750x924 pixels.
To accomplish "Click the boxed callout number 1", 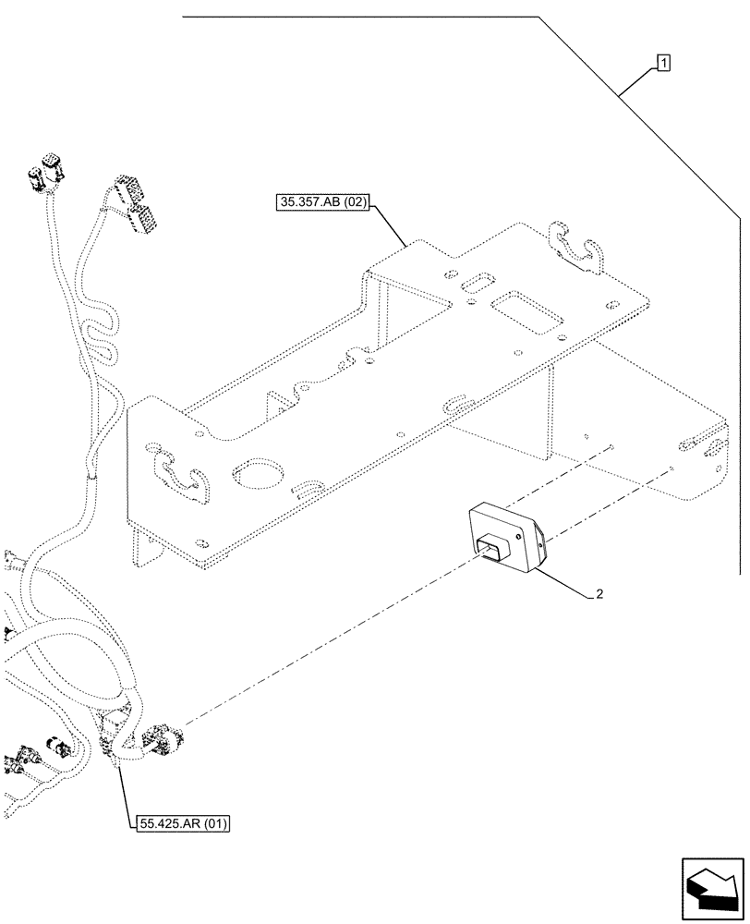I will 663,63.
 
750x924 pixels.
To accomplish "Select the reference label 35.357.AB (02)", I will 322,202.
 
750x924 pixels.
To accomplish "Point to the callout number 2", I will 599,594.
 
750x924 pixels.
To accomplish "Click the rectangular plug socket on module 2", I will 491,551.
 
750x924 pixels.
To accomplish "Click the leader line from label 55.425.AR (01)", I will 123,785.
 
